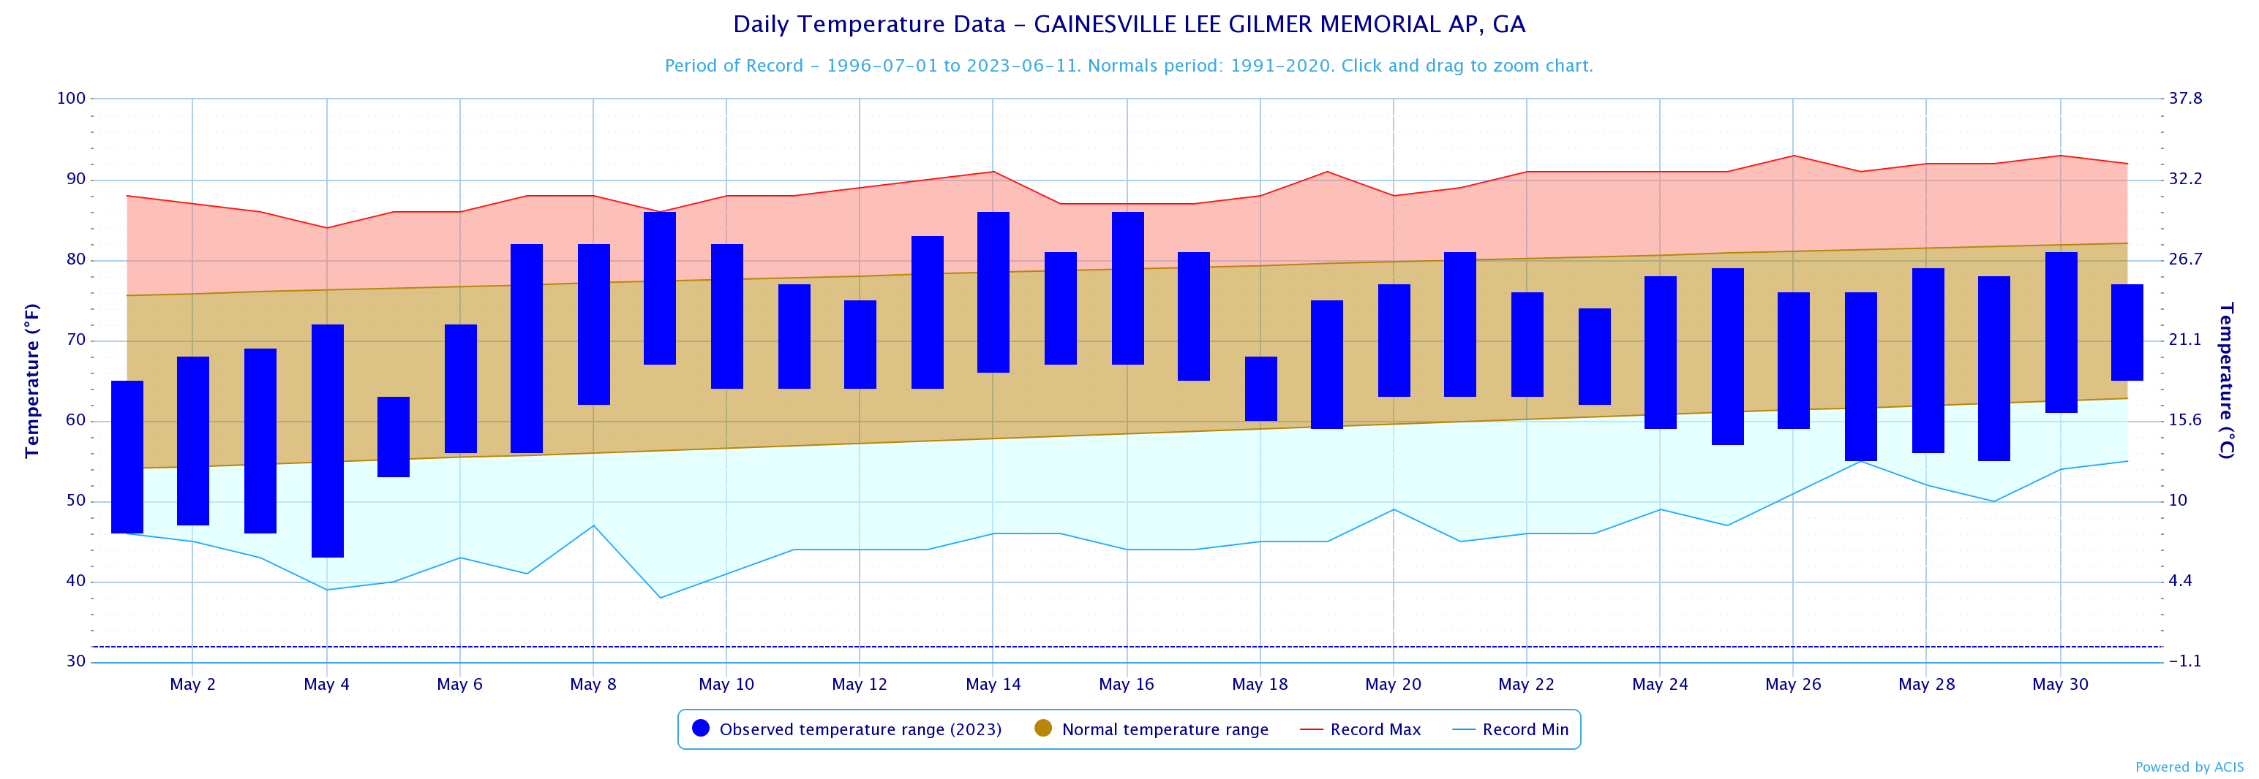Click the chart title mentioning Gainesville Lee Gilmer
[x=1129, y=25]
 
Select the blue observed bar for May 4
[x=327, y=441]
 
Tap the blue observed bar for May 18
[x=1260, y=388]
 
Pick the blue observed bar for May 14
[x=993, y=292]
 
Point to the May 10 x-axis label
[x=726, y=684]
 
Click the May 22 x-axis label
[x=1526, y=684]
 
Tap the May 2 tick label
[x=192, y=684]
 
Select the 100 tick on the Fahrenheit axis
[x=71, y=98]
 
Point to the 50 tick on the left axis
[x=75, y=501]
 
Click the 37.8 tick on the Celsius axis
[x=2185, y=98]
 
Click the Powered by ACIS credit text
[x=2189, y=767]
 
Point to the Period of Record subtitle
[x=1129, y=66]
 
